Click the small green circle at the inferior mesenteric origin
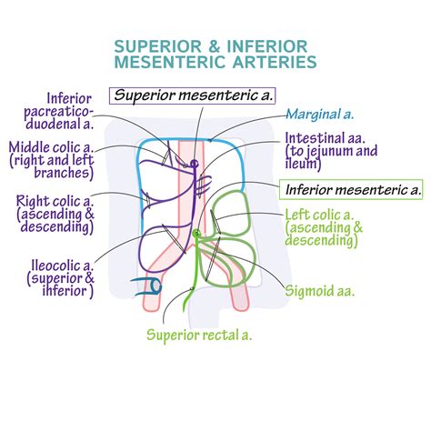click(x=195, y=235)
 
